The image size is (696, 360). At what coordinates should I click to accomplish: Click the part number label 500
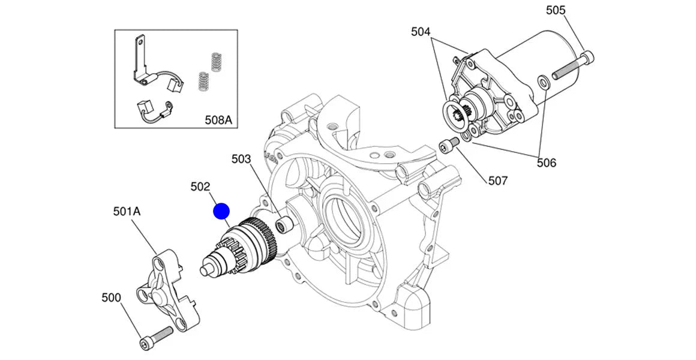pyautogui.click(x=111, y=298)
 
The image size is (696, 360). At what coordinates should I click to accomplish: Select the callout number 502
pyautogui.click(x=200, y=187)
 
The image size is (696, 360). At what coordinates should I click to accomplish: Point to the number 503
pyautogui.click(x=241, y=159)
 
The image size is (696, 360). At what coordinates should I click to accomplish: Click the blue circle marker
pyautogui.click(x=222, y=211)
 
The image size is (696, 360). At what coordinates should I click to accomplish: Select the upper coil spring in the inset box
pyautogui.click(x=216, y=62)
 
